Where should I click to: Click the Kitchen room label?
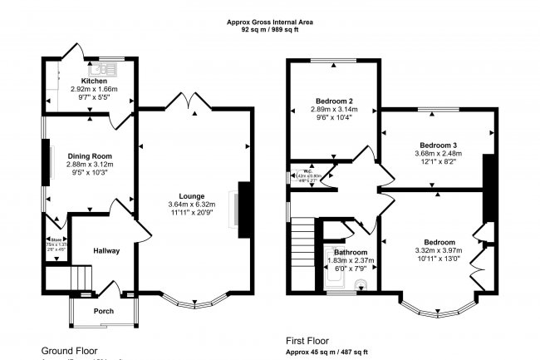tap(88, 80)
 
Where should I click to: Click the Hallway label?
tap(106, 250)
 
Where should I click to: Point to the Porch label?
tap(104, 311)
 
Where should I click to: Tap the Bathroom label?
tap(351, 252)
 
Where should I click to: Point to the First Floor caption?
tap(308, 340)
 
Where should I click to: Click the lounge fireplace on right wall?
tap(243, 204)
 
